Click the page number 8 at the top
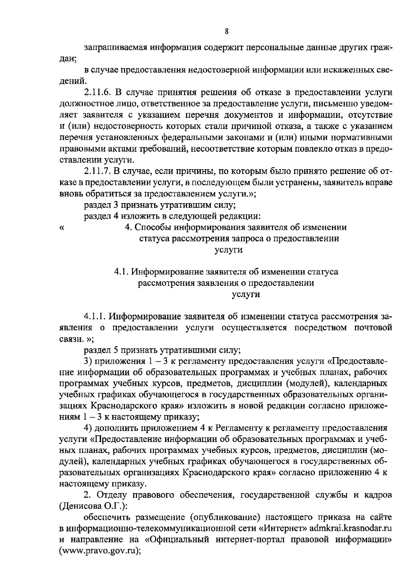point(227,32)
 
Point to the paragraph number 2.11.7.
point(96,171)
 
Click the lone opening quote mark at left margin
point(62,228)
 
